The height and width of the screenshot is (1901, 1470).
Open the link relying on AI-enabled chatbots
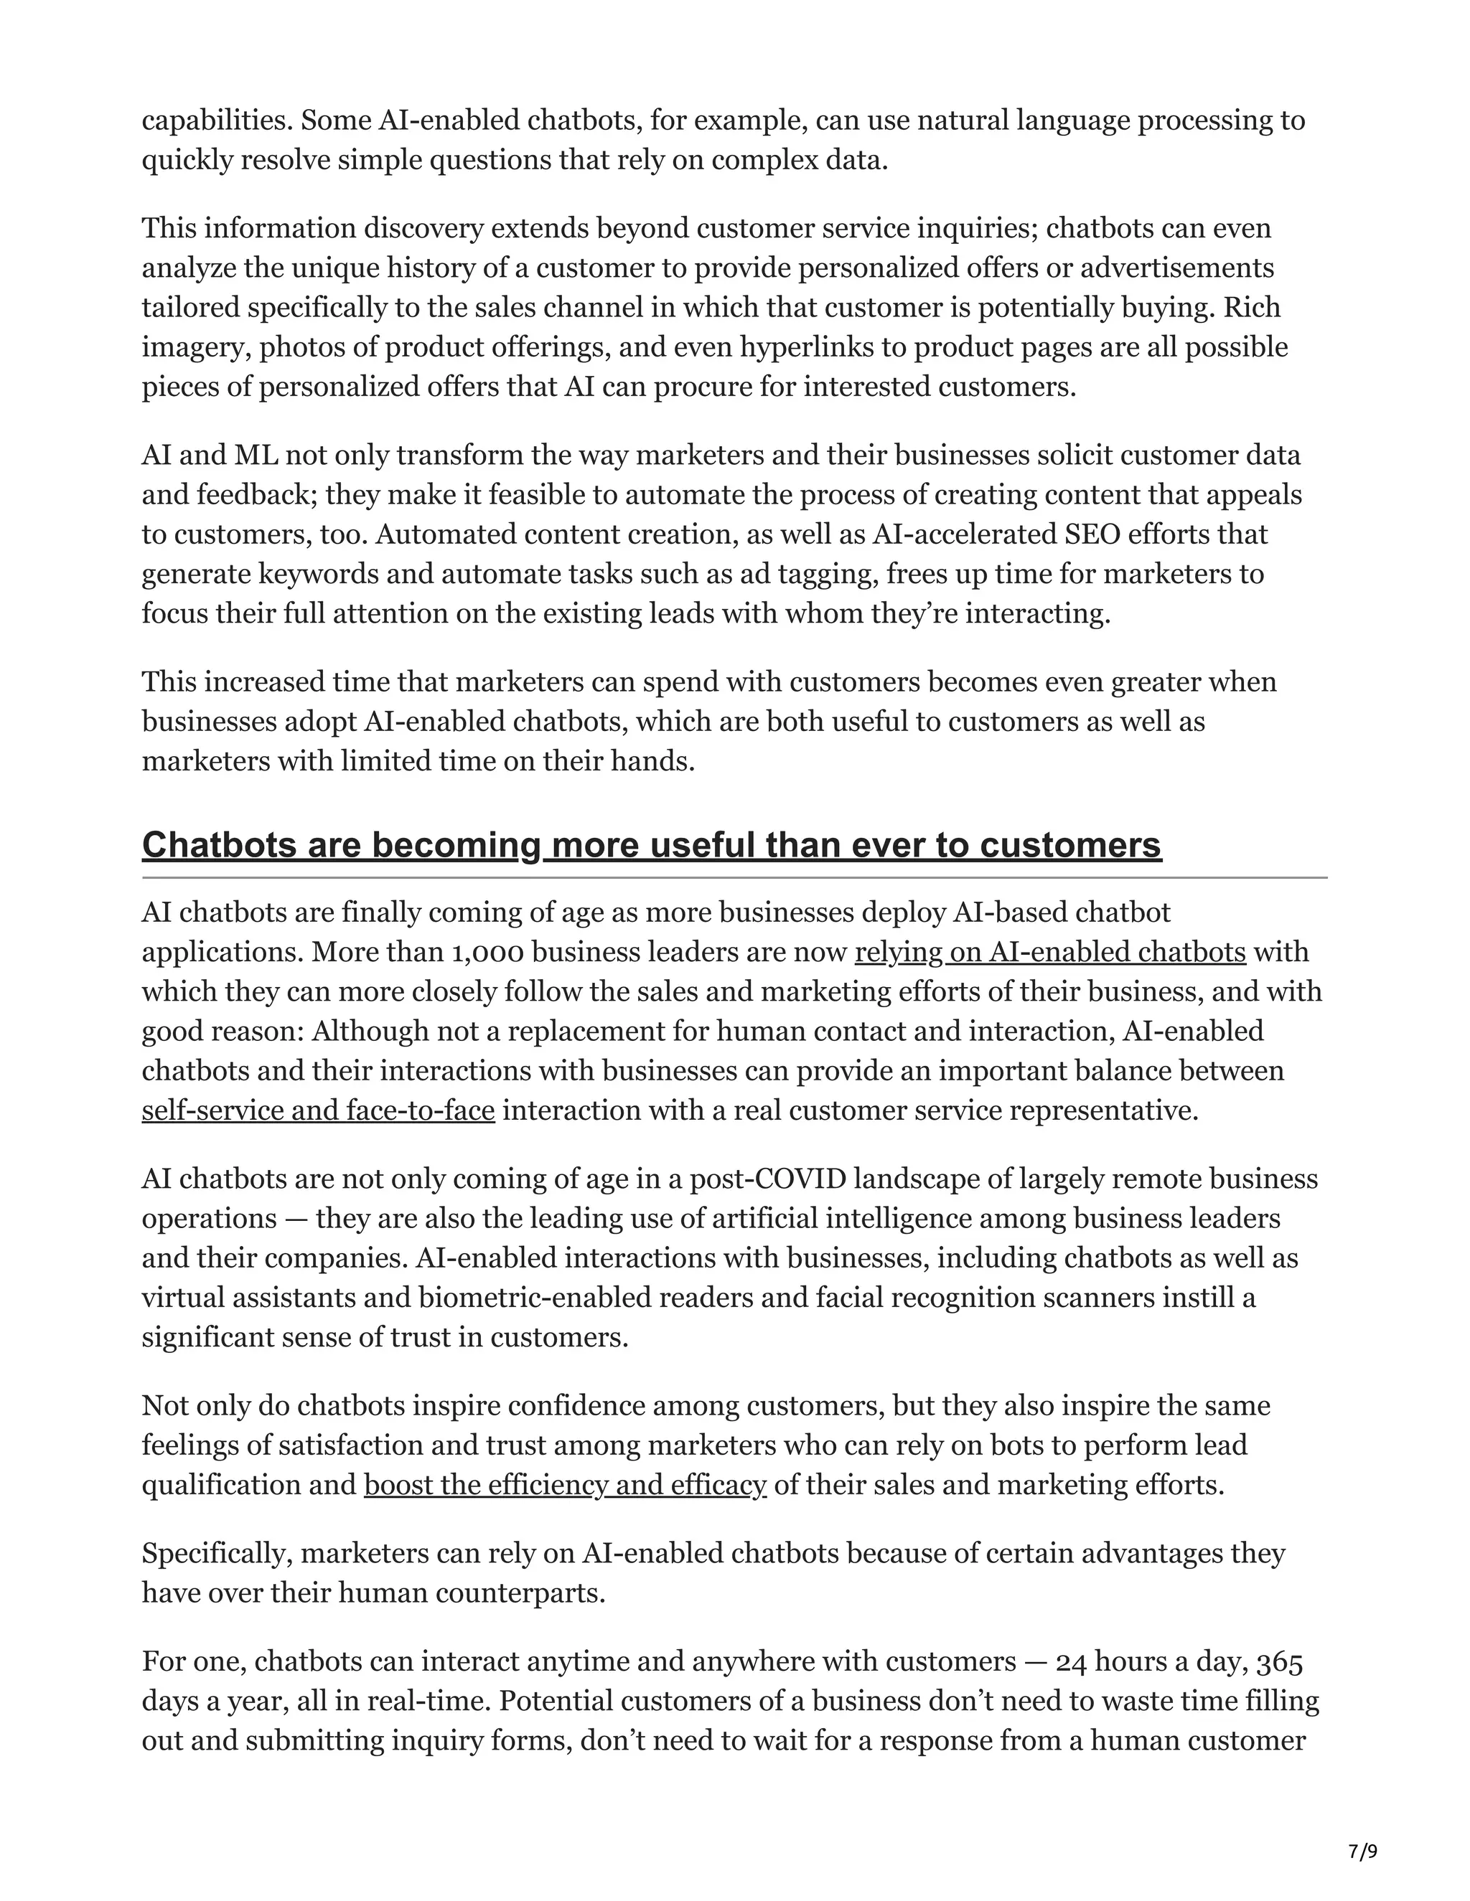tap(1049, 951)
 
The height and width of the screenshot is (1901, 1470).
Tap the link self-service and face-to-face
tap(318, 1110)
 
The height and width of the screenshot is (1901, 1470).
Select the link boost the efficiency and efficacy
tap(564, 1484)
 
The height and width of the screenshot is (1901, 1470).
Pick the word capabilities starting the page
tap(217, 120)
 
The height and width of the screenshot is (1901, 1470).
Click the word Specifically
tap(217, 1553)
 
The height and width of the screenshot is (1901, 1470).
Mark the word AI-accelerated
tap(965, 534)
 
